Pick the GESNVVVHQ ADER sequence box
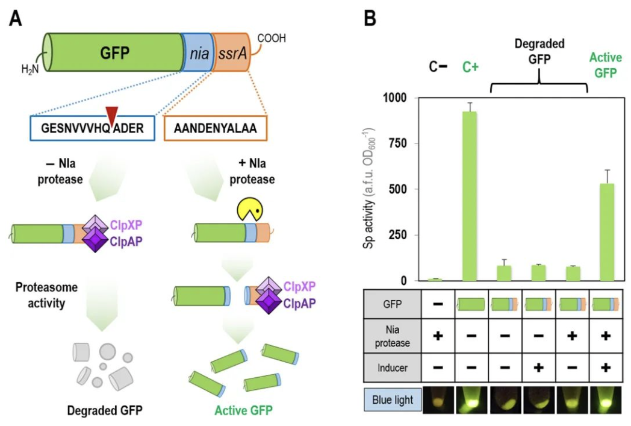[93, 128]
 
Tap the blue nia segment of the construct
[197, 53]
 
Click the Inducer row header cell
[392, 368]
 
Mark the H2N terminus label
[31, 70]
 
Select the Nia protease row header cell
[392, 336]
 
